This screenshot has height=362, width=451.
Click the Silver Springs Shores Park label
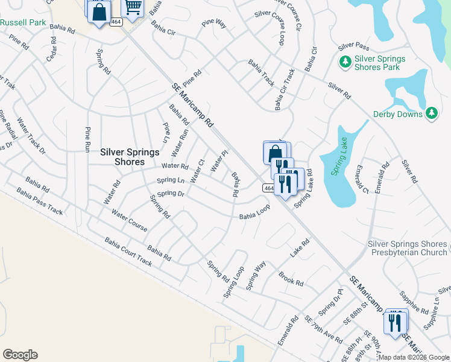[x=373, y=63]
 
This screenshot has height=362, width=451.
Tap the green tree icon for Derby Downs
[x=431, y=113]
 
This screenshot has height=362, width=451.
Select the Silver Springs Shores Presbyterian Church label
[x=407, y=248]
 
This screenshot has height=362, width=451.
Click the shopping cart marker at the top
[x=133, y=8]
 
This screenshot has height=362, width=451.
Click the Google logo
[x=20, y=355]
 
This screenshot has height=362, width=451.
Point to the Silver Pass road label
[x=353, y=46]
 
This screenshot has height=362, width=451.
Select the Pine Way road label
[x=214, y=24]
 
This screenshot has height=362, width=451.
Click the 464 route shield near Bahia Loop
[x=269, y=189]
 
